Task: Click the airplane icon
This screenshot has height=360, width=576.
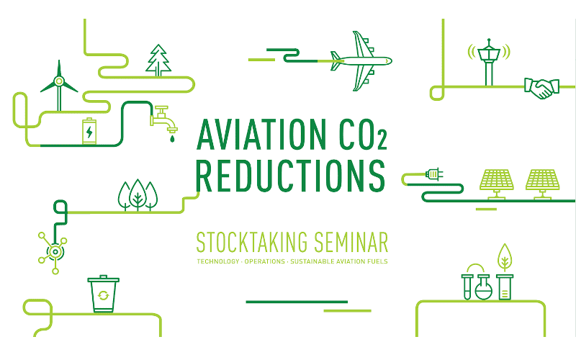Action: (360, 60)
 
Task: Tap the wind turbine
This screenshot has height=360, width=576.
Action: (59, 85)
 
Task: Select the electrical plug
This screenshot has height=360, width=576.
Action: (433, 174)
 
